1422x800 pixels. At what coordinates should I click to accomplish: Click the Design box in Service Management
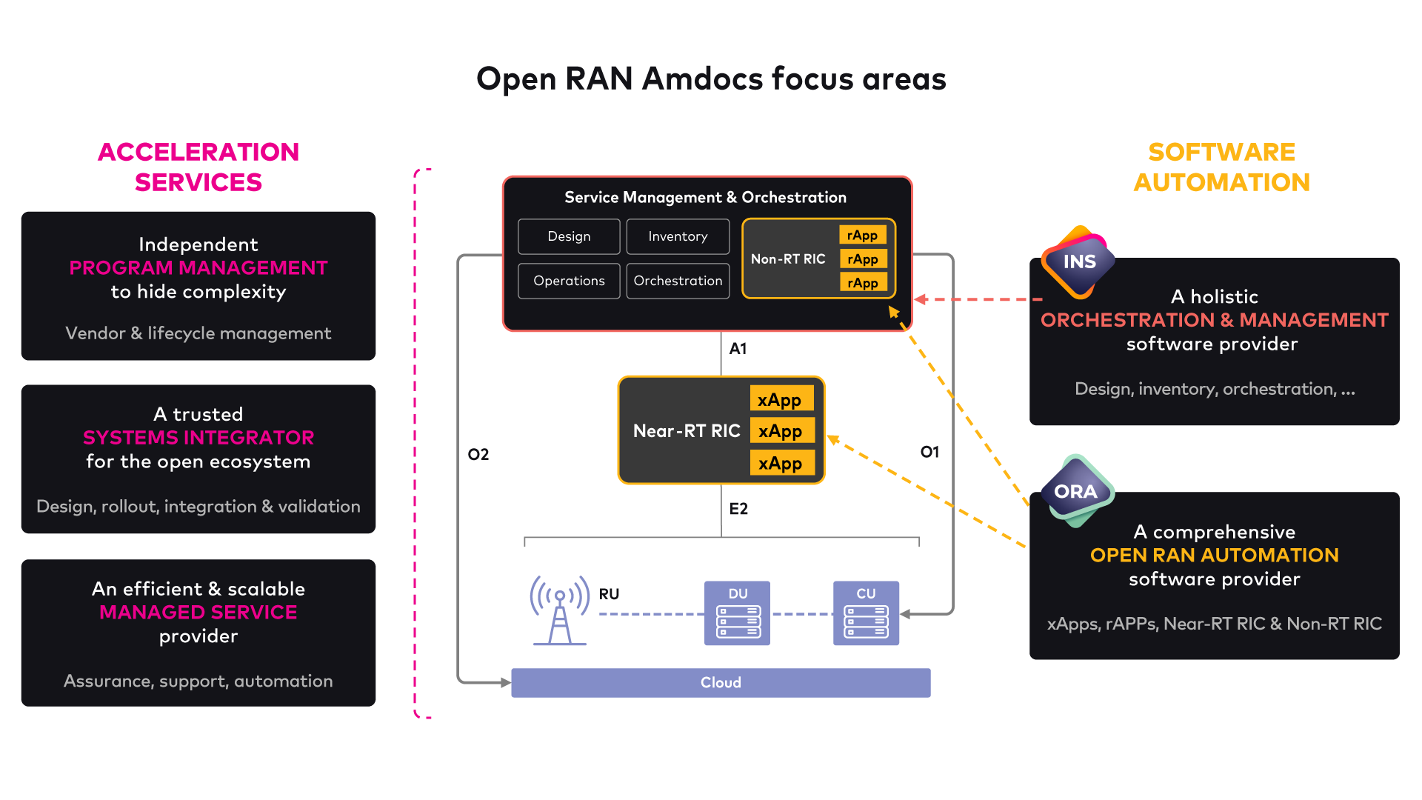[x=569, y=236]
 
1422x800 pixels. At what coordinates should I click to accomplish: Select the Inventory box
[x=678, y=236]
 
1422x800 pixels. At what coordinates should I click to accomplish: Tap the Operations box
[x=569, y=281]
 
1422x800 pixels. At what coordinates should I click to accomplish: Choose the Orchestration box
[x=678, y=281]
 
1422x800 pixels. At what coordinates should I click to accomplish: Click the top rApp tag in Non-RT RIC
[x=862, y=235]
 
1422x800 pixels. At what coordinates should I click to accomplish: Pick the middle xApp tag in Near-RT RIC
[x=781, y=430]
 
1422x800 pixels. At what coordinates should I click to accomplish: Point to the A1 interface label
[x=738, y=348]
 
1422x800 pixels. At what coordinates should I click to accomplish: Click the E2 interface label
[x=738, y=508]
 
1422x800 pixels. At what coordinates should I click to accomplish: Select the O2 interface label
[x=478, y=454]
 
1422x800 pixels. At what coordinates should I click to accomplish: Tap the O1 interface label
[x=929, y=452]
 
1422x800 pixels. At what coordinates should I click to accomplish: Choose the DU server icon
[x=737, y=613]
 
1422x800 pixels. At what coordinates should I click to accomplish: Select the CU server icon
[x=866, y=613]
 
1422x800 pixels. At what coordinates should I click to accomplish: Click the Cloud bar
[x=721, y=682]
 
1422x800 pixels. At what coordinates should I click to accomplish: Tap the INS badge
[x=1078, y=261]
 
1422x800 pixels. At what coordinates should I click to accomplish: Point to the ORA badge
[x=1076, y=491]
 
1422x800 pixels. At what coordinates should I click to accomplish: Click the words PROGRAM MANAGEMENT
[x=198, y=267]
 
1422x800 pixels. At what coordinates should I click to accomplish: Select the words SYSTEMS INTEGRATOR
[x=198, y=437]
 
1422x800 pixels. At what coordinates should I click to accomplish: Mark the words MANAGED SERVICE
[x=198, y=612]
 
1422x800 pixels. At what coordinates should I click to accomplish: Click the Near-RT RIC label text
[x=687, y=430]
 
